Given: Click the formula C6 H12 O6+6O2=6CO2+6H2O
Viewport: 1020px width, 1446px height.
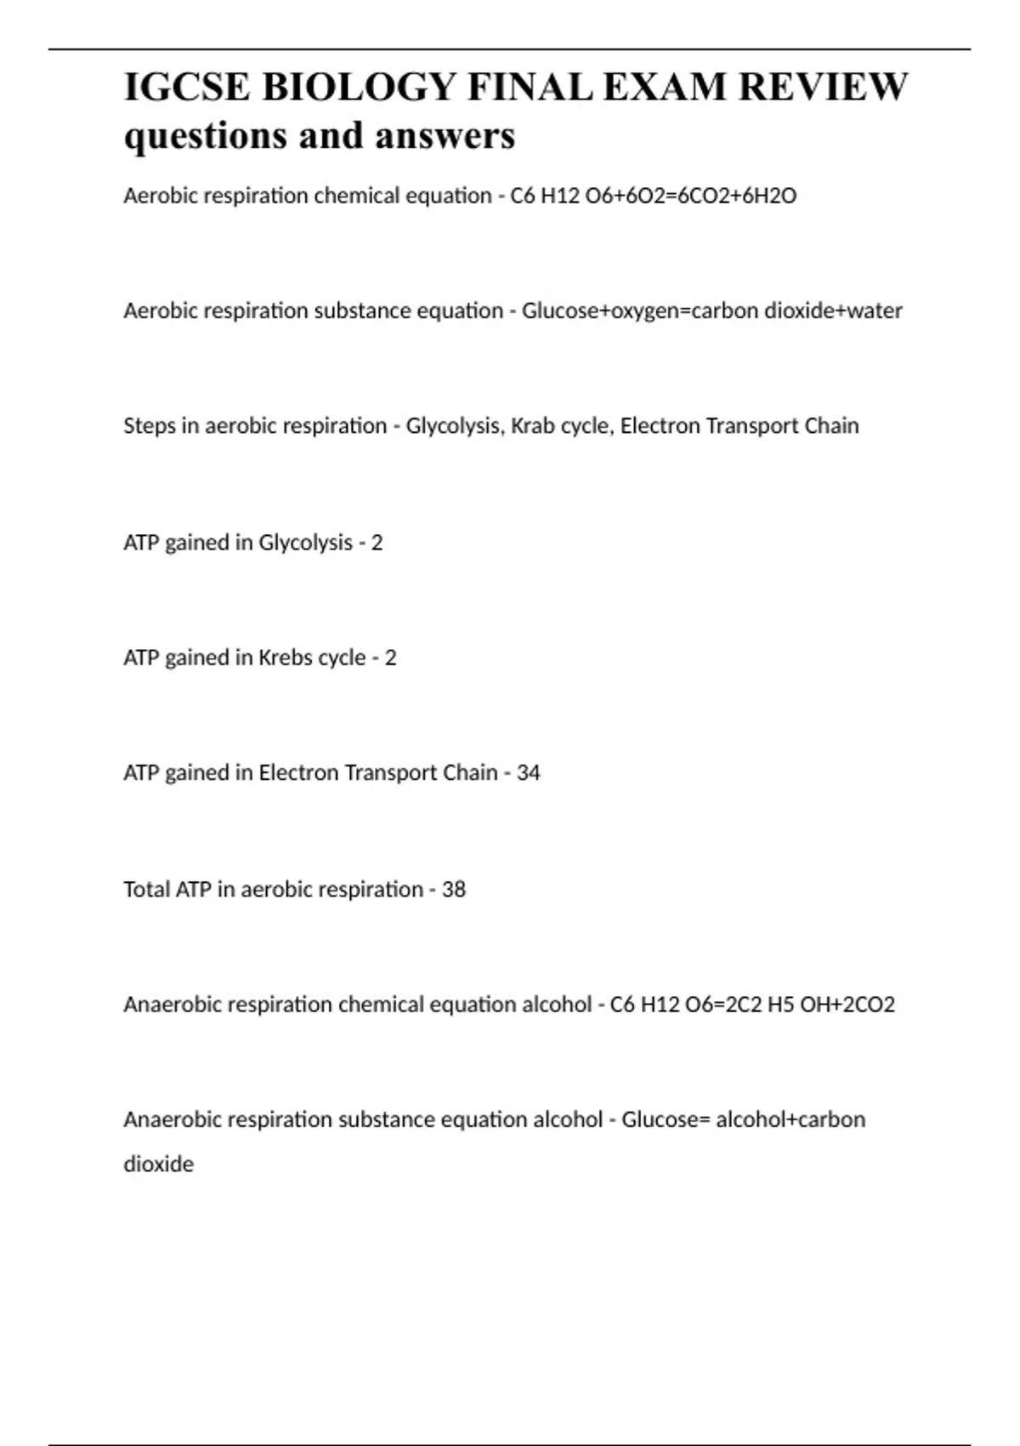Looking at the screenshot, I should [653, 196].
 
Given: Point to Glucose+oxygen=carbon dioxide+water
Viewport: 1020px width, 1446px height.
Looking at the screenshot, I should [711, 311].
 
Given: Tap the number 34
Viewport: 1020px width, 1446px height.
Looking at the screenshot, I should [528, 772].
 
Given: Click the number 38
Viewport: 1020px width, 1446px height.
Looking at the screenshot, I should [454, 889].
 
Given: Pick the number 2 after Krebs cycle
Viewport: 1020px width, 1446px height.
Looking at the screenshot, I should [390, 658].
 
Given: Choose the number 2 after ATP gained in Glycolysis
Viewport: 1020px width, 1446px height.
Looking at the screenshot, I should [377, 543].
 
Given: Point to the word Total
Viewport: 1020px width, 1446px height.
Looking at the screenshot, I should [146, 889].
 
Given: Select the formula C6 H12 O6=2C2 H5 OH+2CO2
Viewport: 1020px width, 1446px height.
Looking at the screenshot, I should [752, 1005].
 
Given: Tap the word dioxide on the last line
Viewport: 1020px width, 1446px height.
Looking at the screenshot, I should [158, 1164].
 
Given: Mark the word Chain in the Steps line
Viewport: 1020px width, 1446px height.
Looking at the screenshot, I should [831, 425].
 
